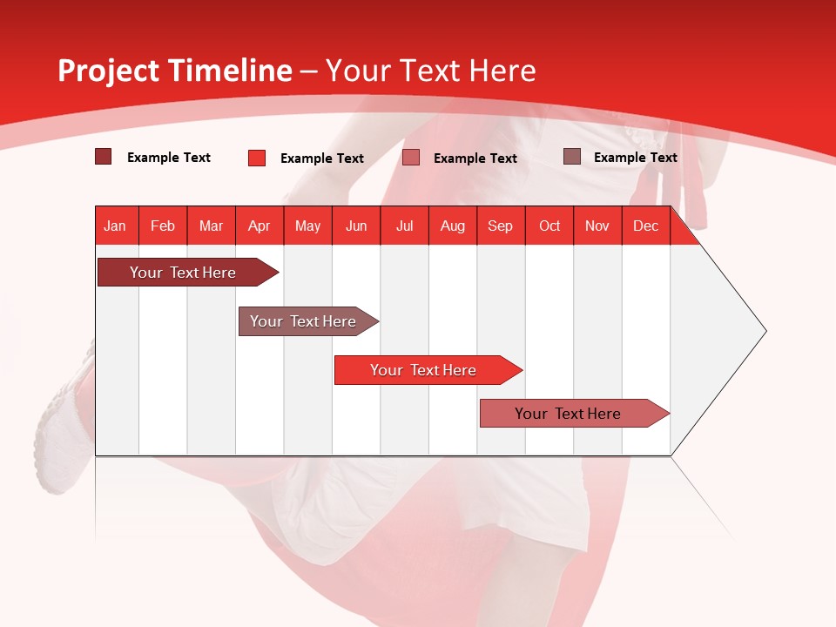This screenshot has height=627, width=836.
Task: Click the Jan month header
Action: tap(115, 226)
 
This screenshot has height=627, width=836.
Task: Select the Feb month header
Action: tap(163, 226)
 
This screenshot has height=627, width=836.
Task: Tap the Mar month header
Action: tap(211, 226)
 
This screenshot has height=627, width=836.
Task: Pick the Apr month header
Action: tap(259, 226)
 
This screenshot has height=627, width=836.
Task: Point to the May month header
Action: tap(307, 226)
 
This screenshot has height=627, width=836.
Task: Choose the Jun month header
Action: tap(356, 226)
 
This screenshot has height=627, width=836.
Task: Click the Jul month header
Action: tap(404, 226)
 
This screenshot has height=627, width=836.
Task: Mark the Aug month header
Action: tap(452, 226)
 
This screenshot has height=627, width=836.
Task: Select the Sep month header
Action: tap(500, 226)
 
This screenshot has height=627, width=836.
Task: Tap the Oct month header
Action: tap(549, 226)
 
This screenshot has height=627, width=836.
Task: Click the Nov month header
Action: tap(597, 226)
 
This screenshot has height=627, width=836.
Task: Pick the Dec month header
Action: tap(645, 226)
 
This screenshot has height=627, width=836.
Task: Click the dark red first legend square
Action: tap(104, 157)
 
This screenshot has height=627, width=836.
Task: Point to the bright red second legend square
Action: tap(256, 158)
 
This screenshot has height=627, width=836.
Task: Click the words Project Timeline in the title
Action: tap(174, 71)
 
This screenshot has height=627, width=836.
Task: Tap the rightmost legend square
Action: tap(572, 157)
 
